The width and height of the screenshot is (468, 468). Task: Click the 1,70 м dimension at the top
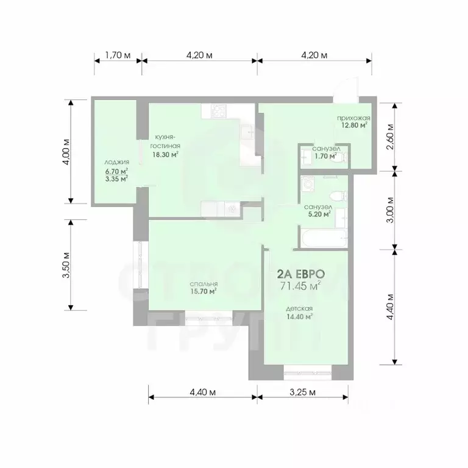118,55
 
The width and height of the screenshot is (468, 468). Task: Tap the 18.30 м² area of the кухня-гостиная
166,155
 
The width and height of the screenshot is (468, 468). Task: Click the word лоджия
116,162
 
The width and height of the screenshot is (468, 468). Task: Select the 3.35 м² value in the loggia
116,179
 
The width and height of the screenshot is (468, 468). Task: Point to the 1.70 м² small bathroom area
325,156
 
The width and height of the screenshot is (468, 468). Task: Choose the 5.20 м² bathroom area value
318,214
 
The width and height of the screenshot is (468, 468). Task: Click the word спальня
204,284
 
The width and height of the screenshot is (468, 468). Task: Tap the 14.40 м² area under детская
300,316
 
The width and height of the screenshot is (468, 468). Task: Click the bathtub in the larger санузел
322,238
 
